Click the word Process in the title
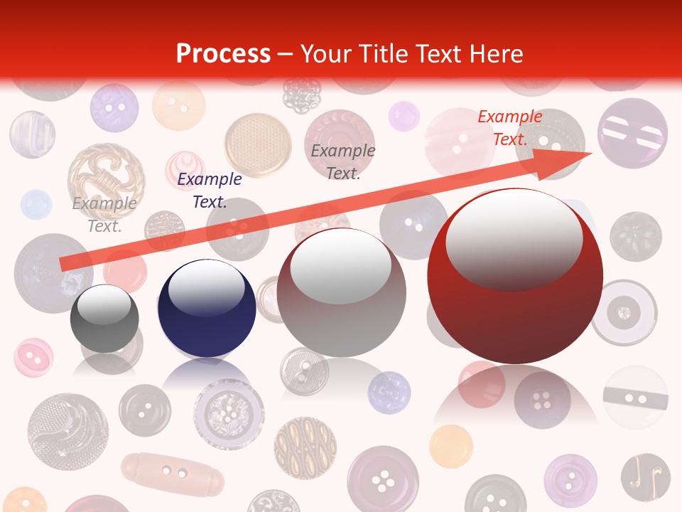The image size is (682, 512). click(x=223, y=53)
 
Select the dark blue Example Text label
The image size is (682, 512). click(x=210, y=191)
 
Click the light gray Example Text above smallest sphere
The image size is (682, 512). click(x=104, y=214)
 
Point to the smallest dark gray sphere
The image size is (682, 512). click(x=104, y=319)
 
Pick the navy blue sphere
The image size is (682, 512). click(x=207, y=308)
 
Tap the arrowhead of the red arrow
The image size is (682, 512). click(x=568, y=161)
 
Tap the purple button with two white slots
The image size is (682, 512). click(x=632, y=133)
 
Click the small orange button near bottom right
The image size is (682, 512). click(x=450, y=446)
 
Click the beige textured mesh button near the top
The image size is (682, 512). click(x=258, y=144)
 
